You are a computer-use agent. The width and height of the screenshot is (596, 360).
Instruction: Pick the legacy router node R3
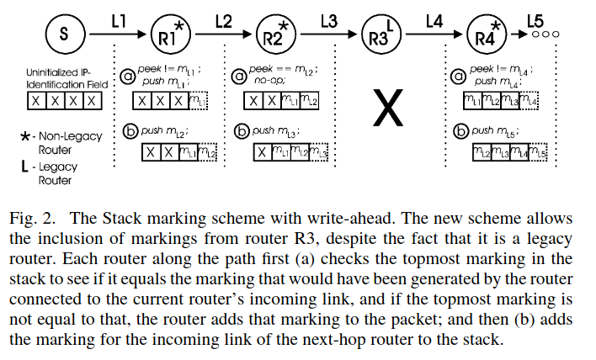tap(380, 36)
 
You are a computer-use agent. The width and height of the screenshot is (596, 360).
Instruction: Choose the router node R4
tap(487, 36)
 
